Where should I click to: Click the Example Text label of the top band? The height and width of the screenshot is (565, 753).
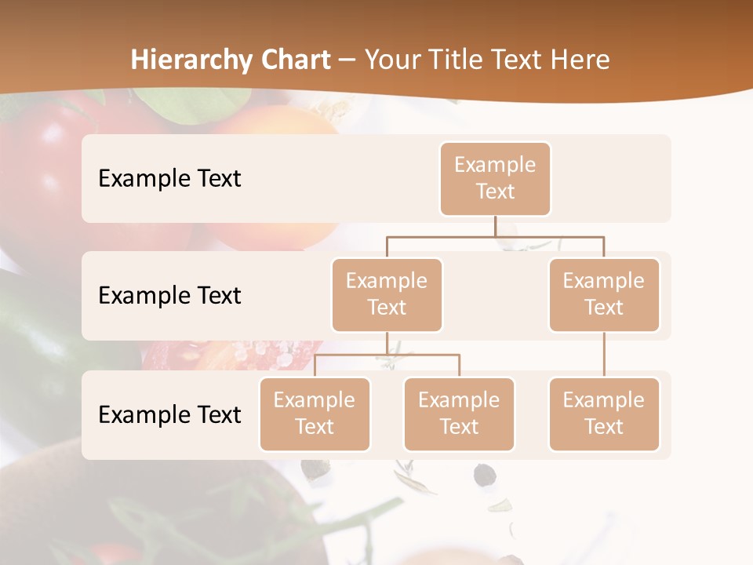pyautogui.click(x=169, y=179)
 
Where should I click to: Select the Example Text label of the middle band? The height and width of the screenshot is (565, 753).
pyautogui.click(x=169, y=296)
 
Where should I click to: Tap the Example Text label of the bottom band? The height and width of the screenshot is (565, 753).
pyautogui.click(x=169, y=414)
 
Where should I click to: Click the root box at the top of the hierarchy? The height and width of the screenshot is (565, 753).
pyautogui.click(x=495, y=179)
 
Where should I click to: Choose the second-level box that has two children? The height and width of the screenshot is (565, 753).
pyautogui.click(x=387, y=295)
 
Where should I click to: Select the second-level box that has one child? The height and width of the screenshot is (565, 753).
pyautogui.click(x=604, y=295)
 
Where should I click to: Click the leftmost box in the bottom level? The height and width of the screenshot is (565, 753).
pyautogui.click(x=315, y=414)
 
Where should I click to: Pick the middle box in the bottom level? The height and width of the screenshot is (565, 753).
pyautogui.click(x=459, y=414)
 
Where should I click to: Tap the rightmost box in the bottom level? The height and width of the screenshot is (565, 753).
pyautogui.click(x=604, y=414)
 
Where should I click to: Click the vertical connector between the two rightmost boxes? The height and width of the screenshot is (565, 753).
pyautogui.click(x=604, y=355)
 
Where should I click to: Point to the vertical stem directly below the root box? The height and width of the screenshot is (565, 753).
pyautogui.click(x=495, y=226)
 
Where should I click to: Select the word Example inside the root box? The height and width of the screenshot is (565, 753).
pyautogui.click(x=495, y=165)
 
